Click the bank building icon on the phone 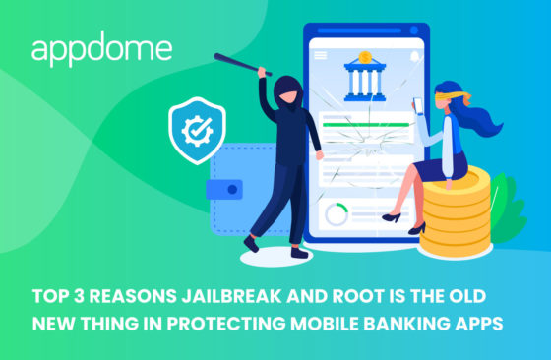(x=364, y=79)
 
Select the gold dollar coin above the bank (x=365, y=56)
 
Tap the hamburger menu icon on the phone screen (x=321, y=57)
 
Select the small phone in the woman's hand (x=416, y=102)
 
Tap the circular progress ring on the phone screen (x=337, y=213)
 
